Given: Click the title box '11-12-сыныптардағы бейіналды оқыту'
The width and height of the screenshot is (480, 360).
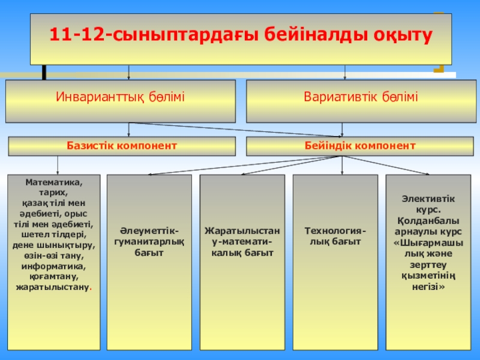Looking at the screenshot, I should click(241, 37).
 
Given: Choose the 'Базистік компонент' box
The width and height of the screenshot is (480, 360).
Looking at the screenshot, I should click(121, 146).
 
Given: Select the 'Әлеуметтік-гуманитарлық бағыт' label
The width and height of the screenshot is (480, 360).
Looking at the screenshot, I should click(149, 242).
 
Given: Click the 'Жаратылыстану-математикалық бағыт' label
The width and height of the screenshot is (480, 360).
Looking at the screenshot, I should click(242, 242).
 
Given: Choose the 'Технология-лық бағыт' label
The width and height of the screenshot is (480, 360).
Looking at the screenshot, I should click(335, 236).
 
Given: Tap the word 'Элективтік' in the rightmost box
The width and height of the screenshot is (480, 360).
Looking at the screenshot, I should click(428, 199).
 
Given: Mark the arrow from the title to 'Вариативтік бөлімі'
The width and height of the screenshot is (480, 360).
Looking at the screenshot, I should click(344, 73).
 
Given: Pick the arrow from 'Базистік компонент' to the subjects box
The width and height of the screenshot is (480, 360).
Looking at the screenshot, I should click(58, 166).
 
